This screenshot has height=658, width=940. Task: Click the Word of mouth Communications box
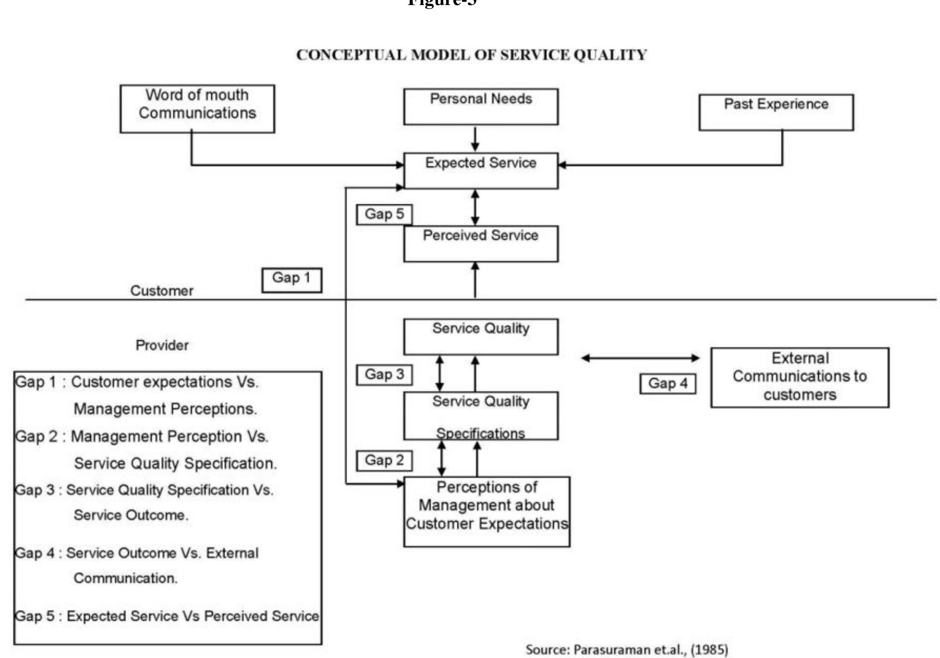point(197,108)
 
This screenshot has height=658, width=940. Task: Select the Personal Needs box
point(481,106)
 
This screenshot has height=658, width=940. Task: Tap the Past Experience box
point(776,112)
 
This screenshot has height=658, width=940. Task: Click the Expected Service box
point(481,171)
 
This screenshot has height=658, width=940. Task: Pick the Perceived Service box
point(481,243)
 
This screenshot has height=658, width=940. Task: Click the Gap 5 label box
point(384,214)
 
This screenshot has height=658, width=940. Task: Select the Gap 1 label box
point(291,280)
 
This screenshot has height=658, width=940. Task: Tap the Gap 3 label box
point(384,375)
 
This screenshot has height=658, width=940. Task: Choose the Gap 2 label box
point(384,461)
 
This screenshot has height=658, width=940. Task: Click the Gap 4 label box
point(668,384)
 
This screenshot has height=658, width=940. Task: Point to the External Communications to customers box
point(799,377)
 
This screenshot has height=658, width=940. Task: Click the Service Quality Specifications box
point(481,416)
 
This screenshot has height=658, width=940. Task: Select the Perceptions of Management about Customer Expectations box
point(487,511)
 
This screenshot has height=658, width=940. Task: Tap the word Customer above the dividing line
point(162,291)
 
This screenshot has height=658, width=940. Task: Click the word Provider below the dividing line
point(162,346)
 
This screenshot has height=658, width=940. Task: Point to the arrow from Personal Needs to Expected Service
point(475,138)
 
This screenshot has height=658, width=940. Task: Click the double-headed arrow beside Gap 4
point(640,358)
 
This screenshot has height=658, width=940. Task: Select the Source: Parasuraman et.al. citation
point(626,649)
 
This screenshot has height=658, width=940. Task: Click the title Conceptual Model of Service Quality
point(471,55)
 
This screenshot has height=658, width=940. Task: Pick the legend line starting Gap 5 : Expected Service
point(167,616)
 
